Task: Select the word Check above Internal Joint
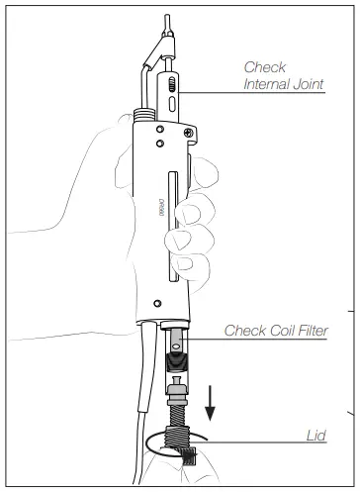tap(264, 67)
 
